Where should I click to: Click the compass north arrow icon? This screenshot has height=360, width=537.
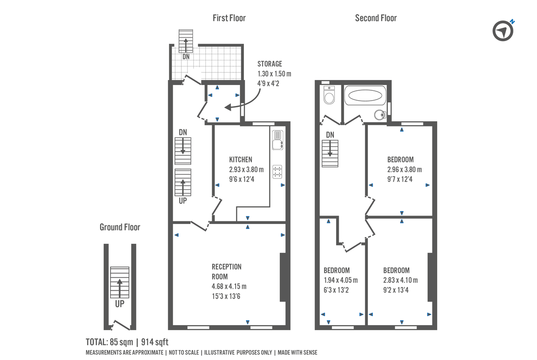click(503, 31)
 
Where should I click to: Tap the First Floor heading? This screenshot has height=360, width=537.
click(229, 18)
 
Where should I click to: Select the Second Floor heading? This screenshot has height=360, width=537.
click(376, 18)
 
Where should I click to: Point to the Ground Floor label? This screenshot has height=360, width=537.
click(120, 227)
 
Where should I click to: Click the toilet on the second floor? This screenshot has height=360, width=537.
click(329, 95)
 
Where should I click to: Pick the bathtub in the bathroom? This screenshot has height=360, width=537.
click(365, 95)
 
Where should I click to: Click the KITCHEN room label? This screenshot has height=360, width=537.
click(241, 160)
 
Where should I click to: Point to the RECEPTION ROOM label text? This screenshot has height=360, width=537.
click(226, 271)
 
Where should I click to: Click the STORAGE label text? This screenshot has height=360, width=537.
click(270, 64)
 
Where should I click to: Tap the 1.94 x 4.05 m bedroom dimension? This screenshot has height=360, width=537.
click(341, 280)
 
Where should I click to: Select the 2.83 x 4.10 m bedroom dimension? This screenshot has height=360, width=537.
click(401, 280)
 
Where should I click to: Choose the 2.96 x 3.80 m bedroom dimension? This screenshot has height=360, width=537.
click(405, 170)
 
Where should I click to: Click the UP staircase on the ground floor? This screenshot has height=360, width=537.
click(119, 283)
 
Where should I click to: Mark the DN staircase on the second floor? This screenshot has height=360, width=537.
click(330, 153)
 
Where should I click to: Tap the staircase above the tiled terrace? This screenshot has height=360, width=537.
click(185, 41)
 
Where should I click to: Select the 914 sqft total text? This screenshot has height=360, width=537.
click(155, 342)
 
